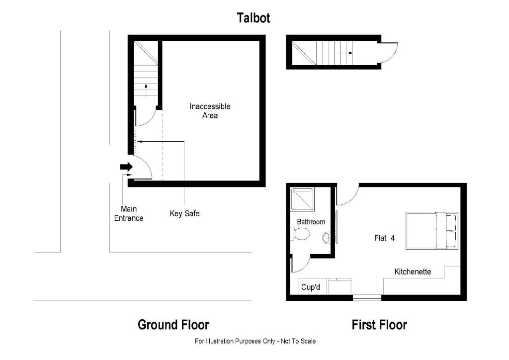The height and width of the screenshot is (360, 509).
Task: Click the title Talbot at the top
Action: click(254, 18)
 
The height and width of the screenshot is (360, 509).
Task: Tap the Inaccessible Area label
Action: click(210, 111)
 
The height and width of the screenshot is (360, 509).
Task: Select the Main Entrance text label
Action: click(129, 213)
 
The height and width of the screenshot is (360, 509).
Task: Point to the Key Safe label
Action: click(184, 214)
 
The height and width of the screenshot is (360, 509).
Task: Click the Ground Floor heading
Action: click(173, 325)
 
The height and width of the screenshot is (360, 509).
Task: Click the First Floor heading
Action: click(379, 325)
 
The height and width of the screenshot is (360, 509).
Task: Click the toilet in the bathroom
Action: click(301, 234)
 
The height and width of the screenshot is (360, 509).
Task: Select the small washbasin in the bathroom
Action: click(326, 238)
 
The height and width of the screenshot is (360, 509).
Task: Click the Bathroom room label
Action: click(311, 222)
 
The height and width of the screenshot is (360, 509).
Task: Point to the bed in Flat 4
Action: click(431, 231)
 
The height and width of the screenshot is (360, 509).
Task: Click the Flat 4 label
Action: click(384, 238)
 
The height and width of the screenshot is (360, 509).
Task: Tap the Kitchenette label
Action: click(413, 272)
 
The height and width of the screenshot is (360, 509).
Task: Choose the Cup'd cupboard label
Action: click(311, 287)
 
